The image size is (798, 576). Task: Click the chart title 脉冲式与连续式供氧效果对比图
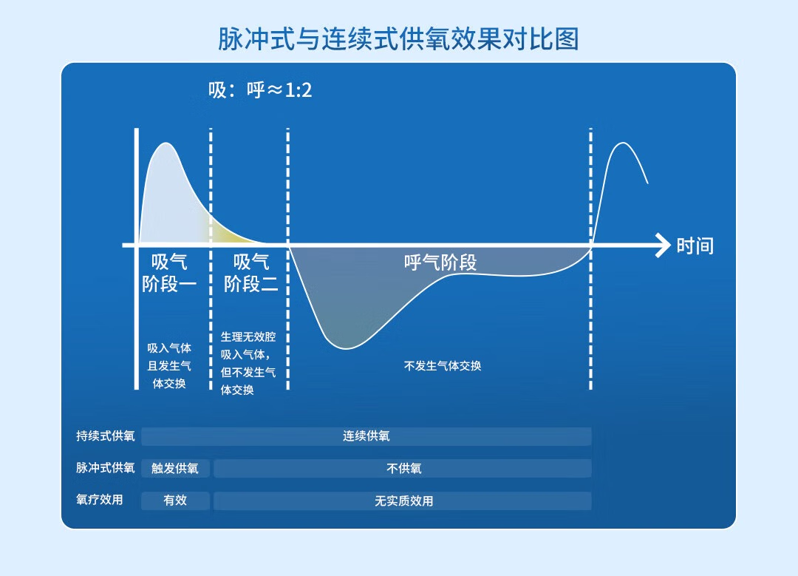coord(398,39)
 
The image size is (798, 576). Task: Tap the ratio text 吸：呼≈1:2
coord(260,90)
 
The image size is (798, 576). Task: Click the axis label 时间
coord(695,246)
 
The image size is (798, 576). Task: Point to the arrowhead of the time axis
coord(663,245)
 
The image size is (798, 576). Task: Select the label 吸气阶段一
coord(169,273)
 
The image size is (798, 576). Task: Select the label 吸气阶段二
coord(251,273)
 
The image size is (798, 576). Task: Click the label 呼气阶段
coord(440,262)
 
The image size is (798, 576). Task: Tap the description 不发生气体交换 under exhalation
coord(443,366)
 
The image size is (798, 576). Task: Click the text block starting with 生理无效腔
coord(248,363)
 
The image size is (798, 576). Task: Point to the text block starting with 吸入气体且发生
coord(169,366)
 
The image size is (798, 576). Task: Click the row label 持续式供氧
coord(106,436)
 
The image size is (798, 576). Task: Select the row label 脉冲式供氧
coord(106,467)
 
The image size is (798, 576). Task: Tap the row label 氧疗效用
coord(99,500)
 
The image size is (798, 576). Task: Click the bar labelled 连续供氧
coord(366,436)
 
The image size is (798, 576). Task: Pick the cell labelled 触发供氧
coord(175,469)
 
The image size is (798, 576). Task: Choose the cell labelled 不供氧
coord(403,469)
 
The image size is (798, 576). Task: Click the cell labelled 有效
coord(175,501)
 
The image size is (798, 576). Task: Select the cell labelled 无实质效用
coord(403,501)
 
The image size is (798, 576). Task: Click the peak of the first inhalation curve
coord(166,143)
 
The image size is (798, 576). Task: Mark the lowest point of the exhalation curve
coord(347,349)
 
